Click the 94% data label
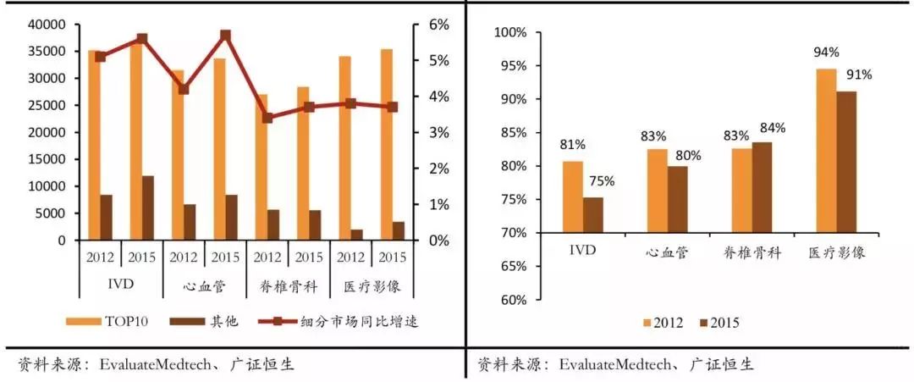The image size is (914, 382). [x=826, y=52]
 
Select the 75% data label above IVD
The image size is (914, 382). [x=603, y=180]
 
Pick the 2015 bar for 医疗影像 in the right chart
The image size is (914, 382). [x=846, y=161]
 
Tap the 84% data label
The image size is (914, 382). [x=772, y=128]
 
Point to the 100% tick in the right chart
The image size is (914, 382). [x=510, y=32]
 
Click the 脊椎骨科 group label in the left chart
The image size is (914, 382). [x=288, y=286]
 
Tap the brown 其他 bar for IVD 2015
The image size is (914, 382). [x=148, y=208]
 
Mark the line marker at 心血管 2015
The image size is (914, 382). [x=226, y=36]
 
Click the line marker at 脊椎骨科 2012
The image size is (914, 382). [x=267, y=118]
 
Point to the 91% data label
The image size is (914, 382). [x=856, y=74]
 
